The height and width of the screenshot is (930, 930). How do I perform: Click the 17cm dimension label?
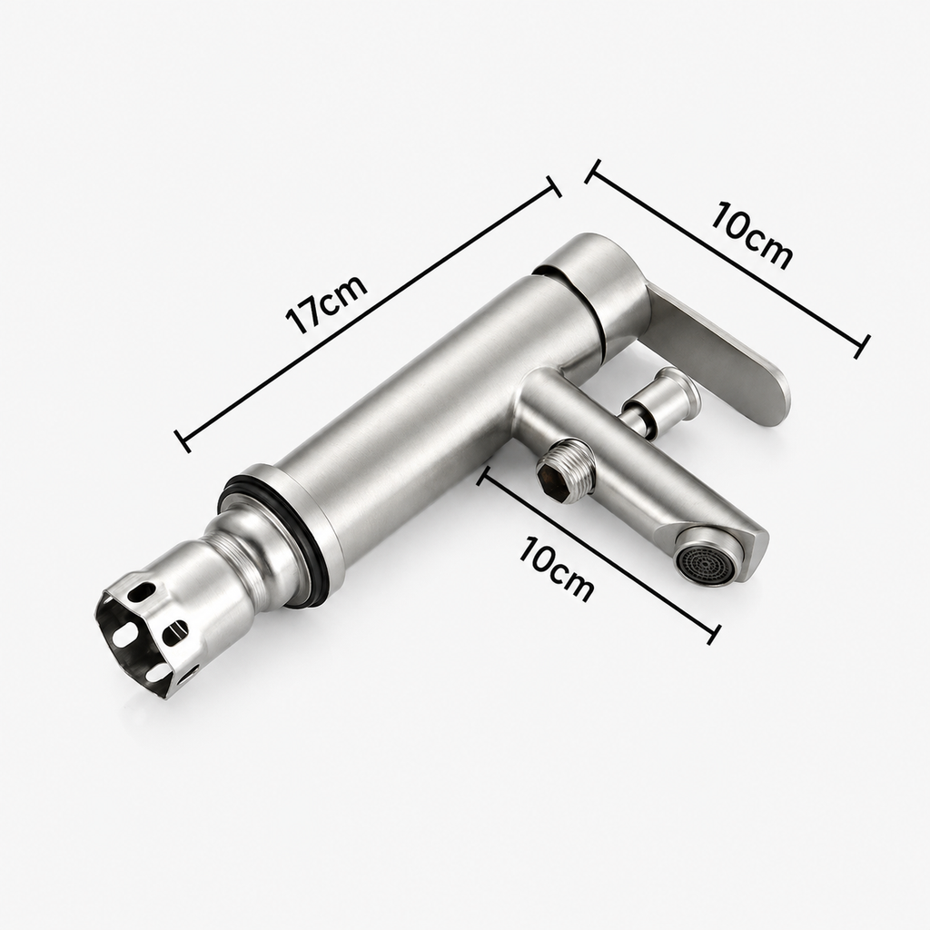click(x=326, y=305)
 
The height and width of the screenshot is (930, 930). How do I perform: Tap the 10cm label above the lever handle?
click(x=752, y=235)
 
